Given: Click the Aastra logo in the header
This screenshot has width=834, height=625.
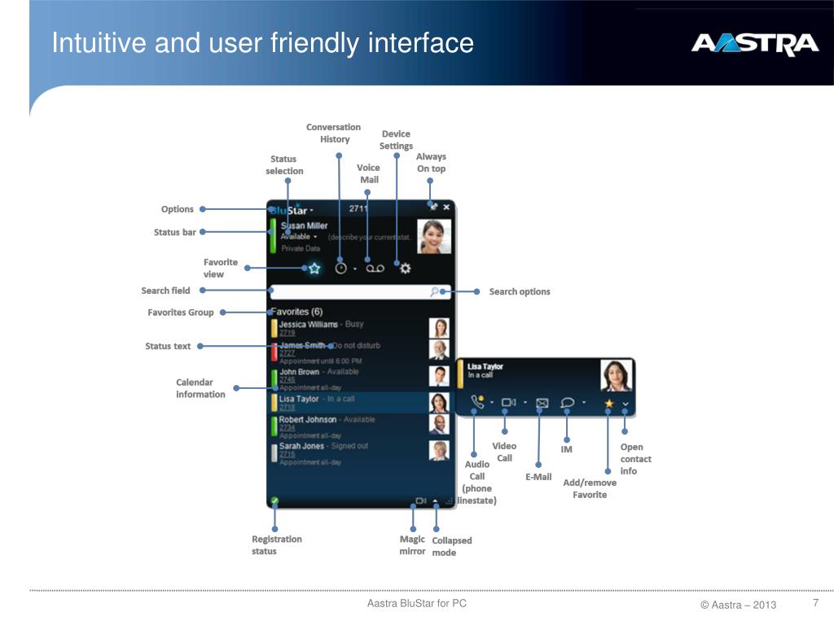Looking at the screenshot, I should pyautogui.click(x=754, y=44).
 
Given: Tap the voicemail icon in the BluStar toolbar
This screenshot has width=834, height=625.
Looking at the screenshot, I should pyautogui.click(x=374, y=268).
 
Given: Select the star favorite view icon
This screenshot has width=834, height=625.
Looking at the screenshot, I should pyautogui.click(x=314, y=268).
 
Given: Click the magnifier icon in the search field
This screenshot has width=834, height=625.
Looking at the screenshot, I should pyautogui.click(x=436, y=291).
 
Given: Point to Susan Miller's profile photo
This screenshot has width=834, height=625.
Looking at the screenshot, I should pyautogui.click(x=434, y=237).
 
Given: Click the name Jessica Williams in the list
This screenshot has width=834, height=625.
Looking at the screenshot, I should pyautogui.click(x=308, y=324).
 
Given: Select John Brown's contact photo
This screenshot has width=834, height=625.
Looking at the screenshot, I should pyautogui.click(x=439, y=376).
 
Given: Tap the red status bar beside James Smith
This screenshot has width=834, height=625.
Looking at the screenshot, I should pyautogui.click(x=274, y=352).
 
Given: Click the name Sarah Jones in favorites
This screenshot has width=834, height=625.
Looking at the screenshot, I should pyautogui.click(x=301, y=446).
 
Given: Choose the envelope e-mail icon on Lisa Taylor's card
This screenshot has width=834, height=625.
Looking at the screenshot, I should pyautogui.click(x=542, y=402).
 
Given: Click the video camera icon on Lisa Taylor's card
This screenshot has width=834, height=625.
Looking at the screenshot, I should pyautogui.click(x=509, y=402).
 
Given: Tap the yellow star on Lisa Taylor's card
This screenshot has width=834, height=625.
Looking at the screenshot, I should pyautogui.click(x=608, y=402).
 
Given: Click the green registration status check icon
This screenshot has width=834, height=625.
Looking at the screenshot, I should pyautogui.click(x=274, y=500).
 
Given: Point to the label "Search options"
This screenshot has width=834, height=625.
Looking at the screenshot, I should pyautogui.click(x=520, y=291).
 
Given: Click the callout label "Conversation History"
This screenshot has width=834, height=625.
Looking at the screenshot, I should pyautogui.click(x=334, y=133).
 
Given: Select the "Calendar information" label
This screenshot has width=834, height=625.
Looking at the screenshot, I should pyautogui.click(x=200, y=388).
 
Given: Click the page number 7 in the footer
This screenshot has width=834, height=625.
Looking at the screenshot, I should pyautogui.click(x=814, y=603).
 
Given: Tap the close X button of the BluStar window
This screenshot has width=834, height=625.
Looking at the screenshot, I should pyautogui.click(x=446, y=208).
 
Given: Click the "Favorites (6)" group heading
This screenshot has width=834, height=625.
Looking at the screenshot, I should pyautogui.click(x=296, y=312).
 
